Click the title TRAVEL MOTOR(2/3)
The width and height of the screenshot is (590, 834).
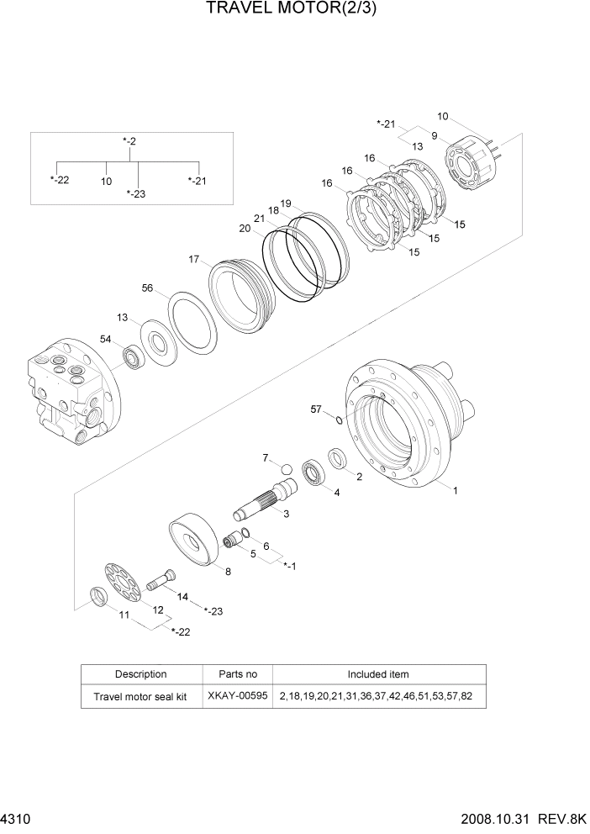(295, 10)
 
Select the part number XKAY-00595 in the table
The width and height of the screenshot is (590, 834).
(238, 697)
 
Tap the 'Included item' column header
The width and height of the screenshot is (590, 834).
(378, 674)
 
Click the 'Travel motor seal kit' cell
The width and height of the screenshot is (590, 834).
(141, 697)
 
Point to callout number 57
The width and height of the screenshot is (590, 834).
(316, 409)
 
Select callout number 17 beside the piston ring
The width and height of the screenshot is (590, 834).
(194, 260)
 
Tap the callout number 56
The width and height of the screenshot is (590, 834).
(147, 288)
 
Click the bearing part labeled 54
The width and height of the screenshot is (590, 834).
(134, 358)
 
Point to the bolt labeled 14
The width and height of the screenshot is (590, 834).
(161, 580)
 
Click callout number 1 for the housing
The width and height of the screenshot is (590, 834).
(456, 490)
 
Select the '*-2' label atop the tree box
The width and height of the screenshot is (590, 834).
(128, 141)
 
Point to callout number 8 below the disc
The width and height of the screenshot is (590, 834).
(228, 571)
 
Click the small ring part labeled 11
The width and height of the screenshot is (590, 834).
(98, 599)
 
